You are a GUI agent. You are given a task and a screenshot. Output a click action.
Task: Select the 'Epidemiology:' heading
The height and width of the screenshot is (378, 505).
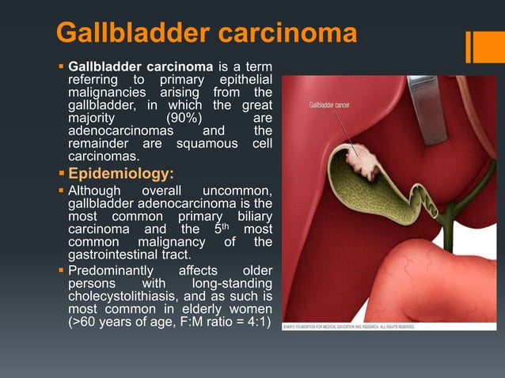click(x=119, y=173)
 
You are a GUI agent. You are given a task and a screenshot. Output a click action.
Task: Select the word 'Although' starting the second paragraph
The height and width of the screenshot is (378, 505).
click(x=95, y=191)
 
